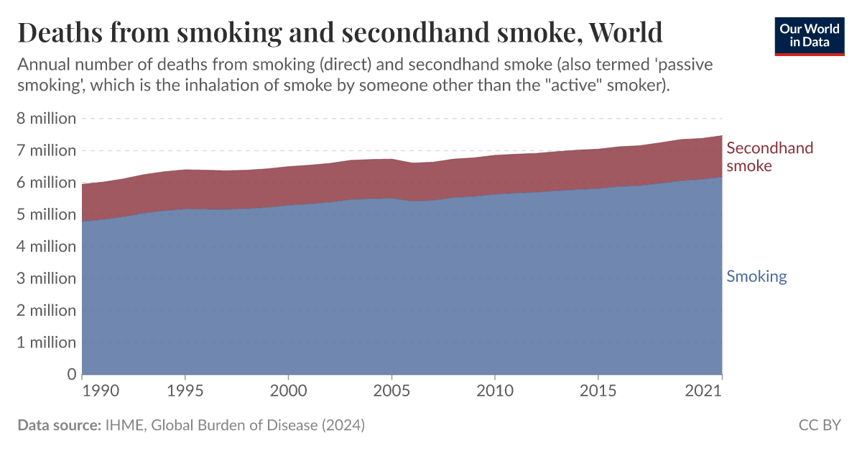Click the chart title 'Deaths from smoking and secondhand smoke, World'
(x=339, y=33)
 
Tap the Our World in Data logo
(x=810, y=35)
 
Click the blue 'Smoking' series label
(x=756, y=277)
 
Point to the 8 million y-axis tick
(x=46, y=119)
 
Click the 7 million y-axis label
(x=46, y=151)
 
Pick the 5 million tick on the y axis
(x=46, y=214)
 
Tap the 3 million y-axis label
(x=46, y=278)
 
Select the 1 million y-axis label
(x=46, y=342)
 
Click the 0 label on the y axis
(x=71, y=374)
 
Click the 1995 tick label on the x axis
(x=185, y=391)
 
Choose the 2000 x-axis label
(x=288, y=391)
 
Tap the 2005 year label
(x=391, y=391)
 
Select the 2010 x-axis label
(x=494, y=391)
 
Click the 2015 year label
(x=598, y=391)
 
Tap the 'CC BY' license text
(x=819, y=425)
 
